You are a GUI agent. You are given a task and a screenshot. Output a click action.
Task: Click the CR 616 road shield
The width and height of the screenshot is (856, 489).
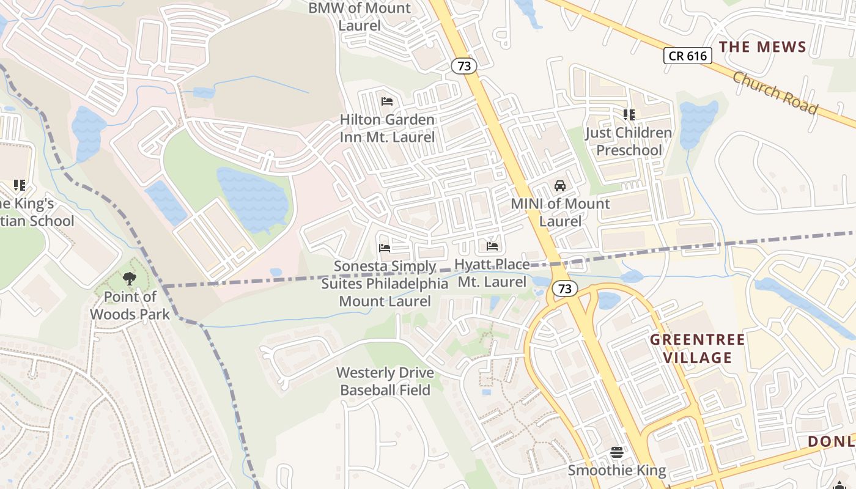click(688, 56)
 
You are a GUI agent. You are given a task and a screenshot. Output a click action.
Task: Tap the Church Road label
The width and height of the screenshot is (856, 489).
click(775, 93)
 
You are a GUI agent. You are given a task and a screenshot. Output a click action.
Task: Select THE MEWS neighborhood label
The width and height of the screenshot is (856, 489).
click(762, 46)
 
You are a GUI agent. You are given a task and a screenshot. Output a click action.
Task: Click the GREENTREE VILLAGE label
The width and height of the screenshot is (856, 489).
click(697, 348)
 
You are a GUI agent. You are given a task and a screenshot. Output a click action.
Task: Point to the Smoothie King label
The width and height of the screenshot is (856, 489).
click(616, 470)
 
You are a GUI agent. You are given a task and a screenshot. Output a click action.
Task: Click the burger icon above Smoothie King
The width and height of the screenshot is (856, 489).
click(616, 452)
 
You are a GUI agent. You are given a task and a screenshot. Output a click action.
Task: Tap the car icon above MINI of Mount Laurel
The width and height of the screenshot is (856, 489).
click(559, 186)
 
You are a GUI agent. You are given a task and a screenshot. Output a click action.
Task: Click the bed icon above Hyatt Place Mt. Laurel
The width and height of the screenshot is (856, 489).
click(492, 246)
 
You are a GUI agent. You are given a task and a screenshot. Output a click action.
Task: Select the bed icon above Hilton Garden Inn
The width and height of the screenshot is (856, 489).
click(386, 101)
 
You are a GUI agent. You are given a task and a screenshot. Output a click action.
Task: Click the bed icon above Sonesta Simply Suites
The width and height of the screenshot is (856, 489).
click(385, 248)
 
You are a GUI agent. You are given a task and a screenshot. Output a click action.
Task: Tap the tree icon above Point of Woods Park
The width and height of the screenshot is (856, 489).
click(129, 279)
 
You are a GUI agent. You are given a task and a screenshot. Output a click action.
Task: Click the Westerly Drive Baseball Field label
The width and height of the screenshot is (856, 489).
click(385, 381)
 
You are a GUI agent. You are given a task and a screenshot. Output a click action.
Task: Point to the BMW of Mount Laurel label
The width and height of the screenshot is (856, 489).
click(360, 17)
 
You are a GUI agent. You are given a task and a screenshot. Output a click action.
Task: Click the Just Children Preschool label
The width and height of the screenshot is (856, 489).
click(629, 141)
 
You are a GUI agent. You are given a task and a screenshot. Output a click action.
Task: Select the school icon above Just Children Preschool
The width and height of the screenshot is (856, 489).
click(629, 114)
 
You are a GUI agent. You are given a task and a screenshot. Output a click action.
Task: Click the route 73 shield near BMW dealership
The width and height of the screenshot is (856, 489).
click(464, 66)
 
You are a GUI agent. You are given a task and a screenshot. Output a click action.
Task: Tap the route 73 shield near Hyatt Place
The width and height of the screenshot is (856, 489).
click(564, 289)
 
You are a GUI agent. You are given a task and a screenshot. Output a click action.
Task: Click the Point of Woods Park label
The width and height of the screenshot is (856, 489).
click(130, 306)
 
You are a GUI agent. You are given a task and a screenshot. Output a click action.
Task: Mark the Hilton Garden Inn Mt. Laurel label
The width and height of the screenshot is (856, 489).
click(388, 128)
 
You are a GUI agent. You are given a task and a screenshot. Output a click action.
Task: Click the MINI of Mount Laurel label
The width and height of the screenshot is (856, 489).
click(560, 212)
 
